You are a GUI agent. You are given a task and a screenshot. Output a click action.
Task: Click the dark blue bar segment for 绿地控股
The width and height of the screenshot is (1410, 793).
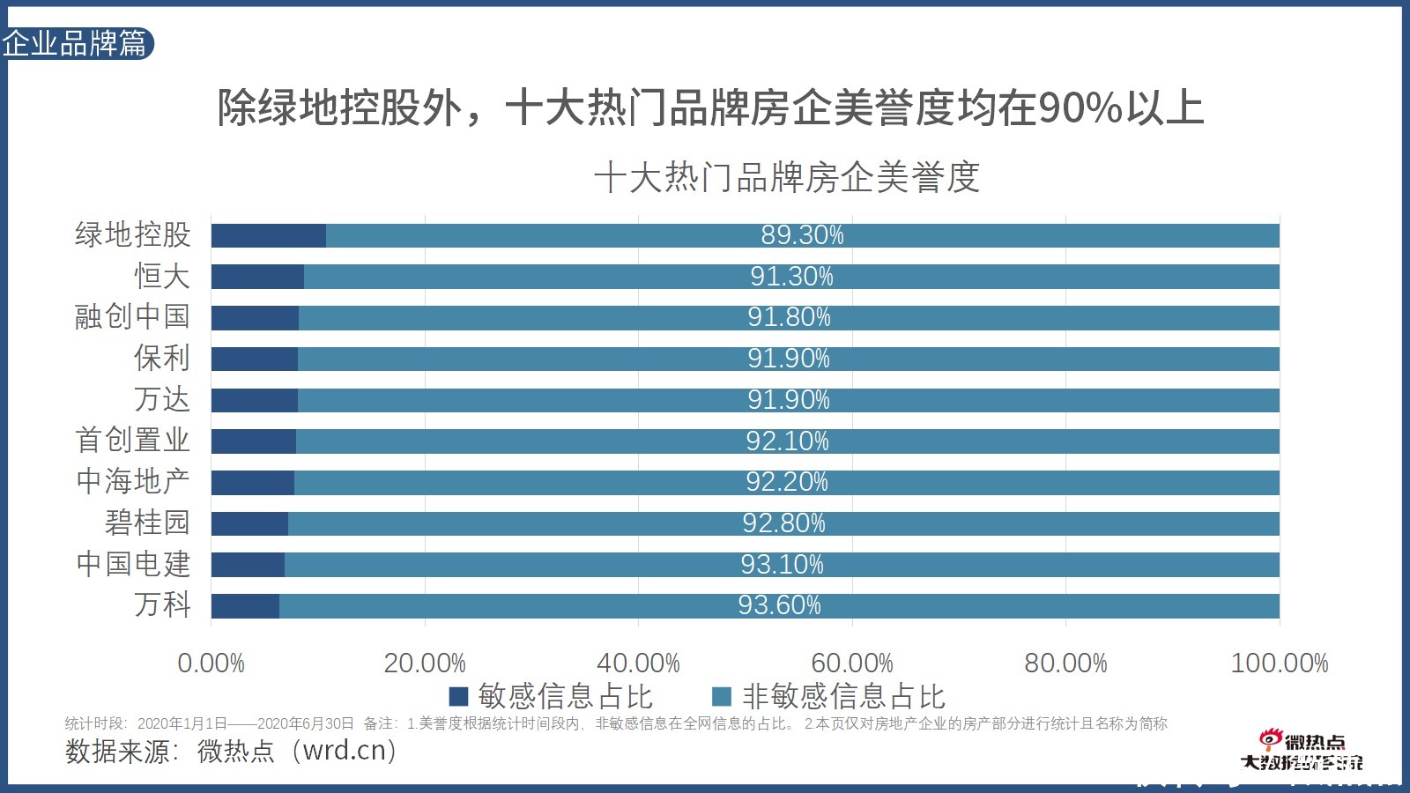(268, 235)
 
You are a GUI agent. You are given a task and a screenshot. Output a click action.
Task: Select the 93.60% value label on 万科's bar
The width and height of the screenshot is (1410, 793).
(779, 605)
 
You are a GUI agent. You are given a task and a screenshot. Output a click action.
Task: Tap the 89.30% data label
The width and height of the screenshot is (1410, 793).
(802, 235)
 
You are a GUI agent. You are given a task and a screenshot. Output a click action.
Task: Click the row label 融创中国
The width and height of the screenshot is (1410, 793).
(132, 316)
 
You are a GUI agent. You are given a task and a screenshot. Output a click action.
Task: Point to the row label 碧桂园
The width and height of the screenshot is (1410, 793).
(147, 522)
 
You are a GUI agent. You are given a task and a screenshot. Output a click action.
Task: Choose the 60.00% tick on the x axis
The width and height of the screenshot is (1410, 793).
(851, 663)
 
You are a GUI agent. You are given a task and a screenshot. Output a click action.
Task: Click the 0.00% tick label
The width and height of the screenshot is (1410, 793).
(211, 663)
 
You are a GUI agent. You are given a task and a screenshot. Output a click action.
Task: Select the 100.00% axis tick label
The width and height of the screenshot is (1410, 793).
(1279, 663)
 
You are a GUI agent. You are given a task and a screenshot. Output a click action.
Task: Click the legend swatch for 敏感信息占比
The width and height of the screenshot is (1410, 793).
(458, 697)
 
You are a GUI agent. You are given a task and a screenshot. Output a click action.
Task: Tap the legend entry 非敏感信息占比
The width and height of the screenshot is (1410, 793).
(842, 697)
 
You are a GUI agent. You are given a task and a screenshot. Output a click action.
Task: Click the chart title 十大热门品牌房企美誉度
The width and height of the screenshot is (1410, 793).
(786, 177)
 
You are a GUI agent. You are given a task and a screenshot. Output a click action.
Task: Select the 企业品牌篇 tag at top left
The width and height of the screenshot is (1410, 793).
(76, 43)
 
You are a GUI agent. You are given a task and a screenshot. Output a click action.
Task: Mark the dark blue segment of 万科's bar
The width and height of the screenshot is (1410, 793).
(245, 606)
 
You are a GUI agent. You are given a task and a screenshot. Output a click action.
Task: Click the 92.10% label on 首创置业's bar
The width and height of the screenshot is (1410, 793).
(787, 441)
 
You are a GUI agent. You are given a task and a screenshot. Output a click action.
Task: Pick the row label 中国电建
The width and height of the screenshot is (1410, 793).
(132, 564)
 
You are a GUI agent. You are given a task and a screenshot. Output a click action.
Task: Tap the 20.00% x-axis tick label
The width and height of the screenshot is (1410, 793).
(424, 663)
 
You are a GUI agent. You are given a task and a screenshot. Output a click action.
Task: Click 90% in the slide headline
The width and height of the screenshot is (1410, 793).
(1080, 109)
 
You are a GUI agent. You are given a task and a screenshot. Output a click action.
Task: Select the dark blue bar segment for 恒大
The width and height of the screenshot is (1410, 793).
(257, 277)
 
